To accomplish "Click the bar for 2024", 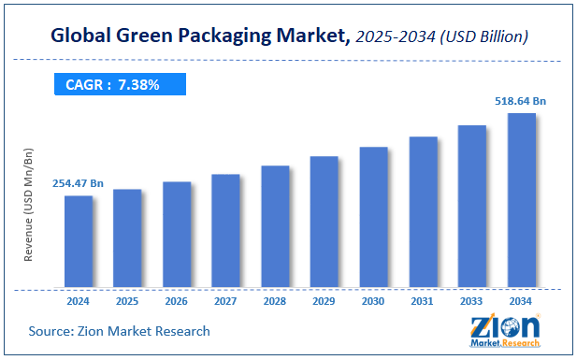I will tap(78, 241).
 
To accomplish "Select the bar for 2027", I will tap(225, 230).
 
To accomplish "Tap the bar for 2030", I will tap(373, 217).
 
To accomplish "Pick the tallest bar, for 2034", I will tap(521, 200).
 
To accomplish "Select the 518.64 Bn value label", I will tap(520, 101).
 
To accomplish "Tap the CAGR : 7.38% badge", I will tap(119, 85).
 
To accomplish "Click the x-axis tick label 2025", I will tap(127, 301).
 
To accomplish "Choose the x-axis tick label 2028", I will tap(275, 301).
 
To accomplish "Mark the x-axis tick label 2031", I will tap(423, 301).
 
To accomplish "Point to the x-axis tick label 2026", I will tap(176, 301).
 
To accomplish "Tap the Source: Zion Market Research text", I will tap(119, 331).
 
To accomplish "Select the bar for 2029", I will tap(324, 222).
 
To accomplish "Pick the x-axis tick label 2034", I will tap(521, 301).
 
